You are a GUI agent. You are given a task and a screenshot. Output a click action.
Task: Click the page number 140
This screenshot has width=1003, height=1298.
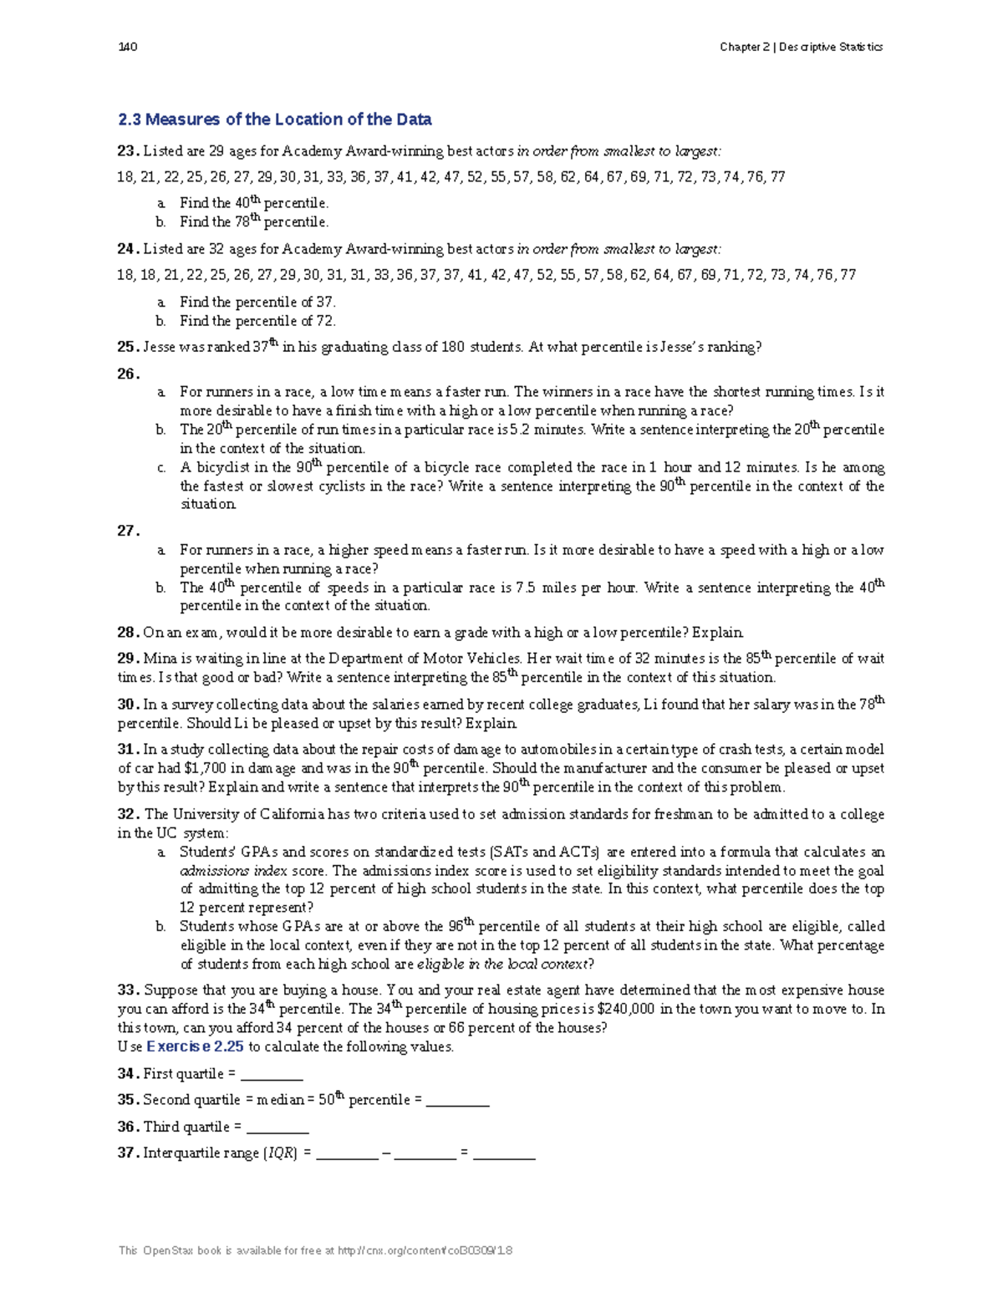[128, 47]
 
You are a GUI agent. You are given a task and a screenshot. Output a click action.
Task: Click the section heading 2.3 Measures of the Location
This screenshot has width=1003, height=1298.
[275, 120]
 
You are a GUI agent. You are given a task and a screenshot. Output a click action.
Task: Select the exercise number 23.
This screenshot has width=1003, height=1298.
[127, 151]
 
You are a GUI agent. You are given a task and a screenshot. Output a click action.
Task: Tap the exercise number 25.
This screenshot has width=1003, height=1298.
[127, 347]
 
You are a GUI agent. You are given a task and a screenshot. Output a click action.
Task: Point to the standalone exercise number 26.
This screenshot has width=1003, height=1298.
[127, 374]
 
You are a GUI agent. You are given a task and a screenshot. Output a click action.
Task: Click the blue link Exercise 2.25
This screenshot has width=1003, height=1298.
[195, 1046]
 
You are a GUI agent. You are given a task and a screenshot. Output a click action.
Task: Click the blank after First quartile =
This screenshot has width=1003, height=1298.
[271, 1074]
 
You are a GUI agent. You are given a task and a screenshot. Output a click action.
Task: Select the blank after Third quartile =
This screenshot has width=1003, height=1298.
[277, 1127]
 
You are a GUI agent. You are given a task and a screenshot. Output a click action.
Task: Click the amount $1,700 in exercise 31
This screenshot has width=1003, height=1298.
[205, 768]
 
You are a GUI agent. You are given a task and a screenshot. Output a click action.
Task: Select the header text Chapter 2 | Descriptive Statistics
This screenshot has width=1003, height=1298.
[801, 47]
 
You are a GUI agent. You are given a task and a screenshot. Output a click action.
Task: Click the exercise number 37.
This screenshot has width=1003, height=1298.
[127, 1153]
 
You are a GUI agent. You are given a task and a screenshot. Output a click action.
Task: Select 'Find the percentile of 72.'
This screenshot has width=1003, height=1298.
[257, 321]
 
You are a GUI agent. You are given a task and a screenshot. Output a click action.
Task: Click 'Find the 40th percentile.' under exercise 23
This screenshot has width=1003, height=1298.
[253, 203]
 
